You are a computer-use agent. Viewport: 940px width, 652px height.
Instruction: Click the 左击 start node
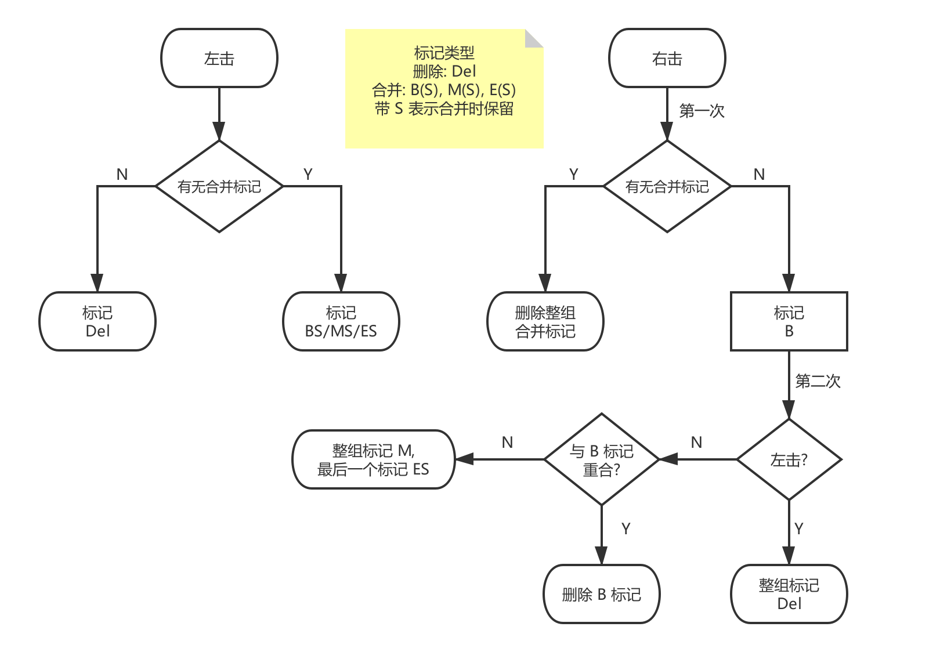click(x=219, y=59)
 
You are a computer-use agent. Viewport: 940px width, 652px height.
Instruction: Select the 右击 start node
click(x=667, y=59)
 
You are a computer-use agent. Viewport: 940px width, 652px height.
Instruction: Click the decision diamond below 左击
click(x=219, y=187)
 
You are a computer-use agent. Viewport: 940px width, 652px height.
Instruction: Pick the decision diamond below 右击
click(x=667, y=187)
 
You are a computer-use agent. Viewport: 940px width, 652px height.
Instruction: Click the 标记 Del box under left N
click(x=97, y=321)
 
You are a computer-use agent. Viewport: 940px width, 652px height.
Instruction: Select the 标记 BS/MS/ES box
click(x=341, y=321)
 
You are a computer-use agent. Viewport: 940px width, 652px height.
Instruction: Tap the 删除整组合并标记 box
click(x=545, y=321)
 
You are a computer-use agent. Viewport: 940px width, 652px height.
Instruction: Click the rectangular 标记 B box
click(x=789, y=321)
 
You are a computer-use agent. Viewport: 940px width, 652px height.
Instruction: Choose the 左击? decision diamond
click(x=789, y=459)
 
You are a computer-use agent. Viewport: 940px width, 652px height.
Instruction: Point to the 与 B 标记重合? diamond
click(x=602, y=459)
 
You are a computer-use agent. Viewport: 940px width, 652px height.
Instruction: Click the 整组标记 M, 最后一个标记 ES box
click(x=373, y=459)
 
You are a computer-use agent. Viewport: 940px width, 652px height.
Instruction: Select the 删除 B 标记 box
click(x=602, y=594)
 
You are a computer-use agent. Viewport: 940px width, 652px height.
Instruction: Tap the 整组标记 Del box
click(x=789, y=594)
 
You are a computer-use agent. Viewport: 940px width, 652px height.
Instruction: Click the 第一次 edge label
click(x=702, y=111)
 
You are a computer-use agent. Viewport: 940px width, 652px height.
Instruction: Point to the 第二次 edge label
click(x=818, y=381)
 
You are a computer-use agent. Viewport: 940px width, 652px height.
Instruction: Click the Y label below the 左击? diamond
click(x=799, y=528)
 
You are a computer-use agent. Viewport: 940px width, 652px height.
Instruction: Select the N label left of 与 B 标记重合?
click(x=507, y=443)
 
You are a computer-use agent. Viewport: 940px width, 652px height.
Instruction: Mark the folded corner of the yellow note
click(x=534, y=38)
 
